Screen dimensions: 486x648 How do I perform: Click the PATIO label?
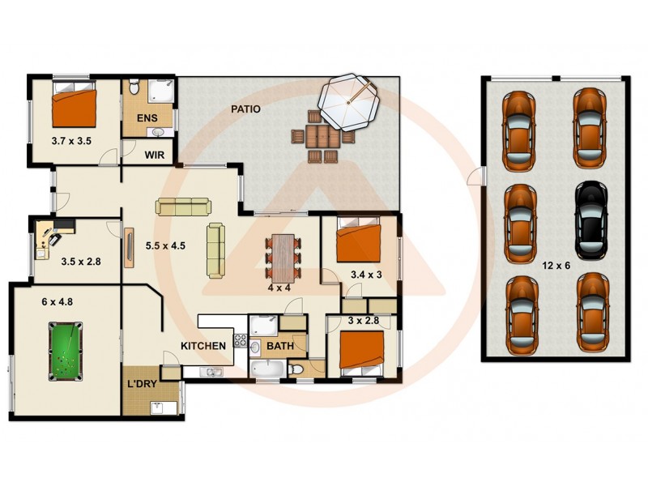pos(245,109)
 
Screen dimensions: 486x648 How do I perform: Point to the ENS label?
pos(146,119)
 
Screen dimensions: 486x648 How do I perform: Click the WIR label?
pos(155,154)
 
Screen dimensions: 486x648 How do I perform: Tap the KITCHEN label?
pos(202,346)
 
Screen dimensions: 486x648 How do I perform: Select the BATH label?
pos(279,346)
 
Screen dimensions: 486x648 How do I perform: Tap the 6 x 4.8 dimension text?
pos(58,301)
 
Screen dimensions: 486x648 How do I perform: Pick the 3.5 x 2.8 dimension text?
pos(80,262)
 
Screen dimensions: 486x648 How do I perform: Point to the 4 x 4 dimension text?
pos(279,287)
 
